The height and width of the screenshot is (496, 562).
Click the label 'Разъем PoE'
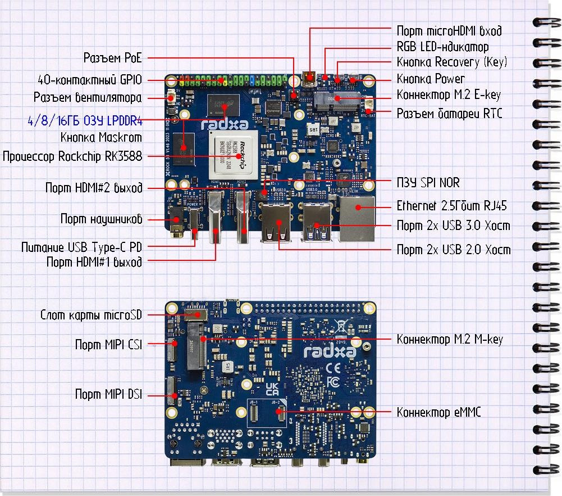tap(112, 57)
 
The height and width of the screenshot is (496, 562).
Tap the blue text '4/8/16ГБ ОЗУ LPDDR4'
tap(84, 120)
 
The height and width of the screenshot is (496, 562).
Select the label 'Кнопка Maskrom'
tap(101, 137)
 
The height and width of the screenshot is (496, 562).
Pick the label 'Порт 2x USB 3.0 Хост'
tap(453, 226)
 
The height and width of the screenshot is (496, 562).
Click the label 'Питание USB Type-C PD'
tap(81, 247)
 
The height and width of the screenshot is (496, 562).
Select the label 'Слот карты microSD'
tap(91, 315)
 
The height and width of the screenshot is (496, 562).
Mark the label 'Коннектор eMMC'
tap(438, 412)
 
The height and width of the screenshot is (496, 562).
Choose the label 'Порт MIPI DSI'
tap(108, 394)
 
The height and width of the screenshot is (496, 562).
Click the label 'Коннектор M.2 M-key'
tap(449, 339)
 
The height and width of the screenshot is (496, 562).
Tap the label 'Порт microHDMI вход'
tap(449, 31)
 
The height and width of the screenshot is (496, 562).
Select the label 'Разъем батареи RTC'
tap(449, 114)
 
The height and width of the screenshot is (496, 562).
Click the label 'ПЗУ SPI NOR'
tap(428, 183)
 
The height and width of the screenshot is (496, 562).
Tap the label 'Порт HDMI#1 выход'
tap(94, 261)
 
